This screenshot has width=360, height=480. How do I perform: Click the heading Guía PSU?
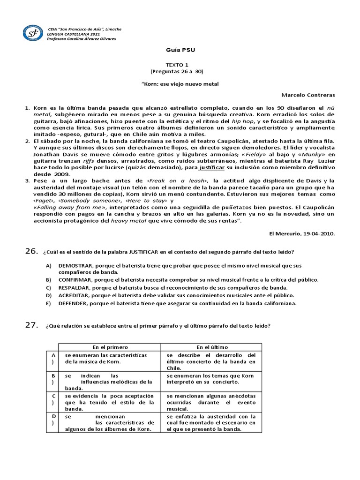180,49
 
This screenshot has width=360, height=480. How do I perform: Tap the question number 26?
31,252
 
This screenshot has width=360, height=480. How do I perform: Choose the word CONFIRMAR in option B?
75,280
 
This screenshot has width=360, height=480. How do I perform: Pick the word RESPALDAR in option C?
75,287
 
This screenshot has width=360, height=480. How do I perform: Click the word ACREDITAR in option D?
75,295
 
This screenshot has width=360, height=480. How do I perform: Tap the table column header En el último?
212,347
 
